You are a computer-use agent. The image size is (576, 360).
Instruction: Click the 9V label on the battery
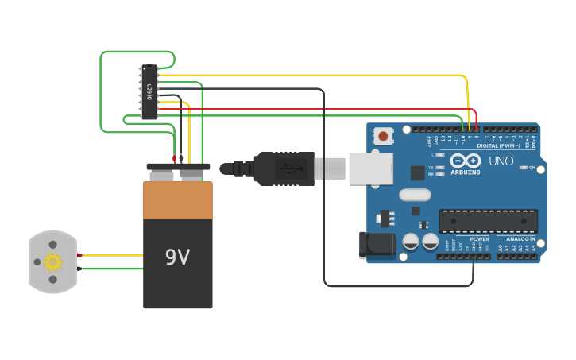pos(177,257)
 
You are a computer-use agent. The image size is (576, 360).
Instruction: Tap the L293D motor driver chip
pos(149,92)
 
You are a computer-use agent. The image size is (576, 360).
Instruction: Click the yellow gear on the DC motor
pos(52,261)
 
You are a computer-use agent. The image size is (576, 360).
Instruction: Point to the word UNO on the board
pos(501,161)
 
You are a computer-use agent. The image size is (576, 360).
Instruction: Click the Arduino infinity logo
pos(466,161)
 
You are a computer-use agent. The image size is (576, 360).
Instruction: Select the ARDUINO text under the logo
pos(466,172)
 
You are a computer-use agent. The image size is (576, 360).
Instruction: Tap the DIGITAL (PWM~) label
pos(498,145)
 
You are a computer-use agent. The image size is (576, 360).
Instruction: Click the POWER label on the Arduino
pos(479,238)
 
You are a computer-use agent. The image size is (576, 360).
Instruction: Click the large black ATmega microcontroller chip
pos(488,221)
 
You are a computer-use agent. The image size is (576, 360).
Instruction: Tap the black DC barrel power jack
pos(377,245)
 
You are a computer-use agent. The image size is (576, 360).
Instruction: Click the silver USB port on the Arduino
pos(371,168)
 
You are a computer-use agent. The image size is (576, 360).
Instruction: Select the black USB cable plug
pos(284,168)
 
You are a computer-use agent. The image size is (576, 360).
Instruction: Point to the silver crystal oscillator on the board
pos(415,195)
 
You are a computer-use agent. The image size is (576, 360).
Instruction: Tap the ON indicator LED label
pos(531,168)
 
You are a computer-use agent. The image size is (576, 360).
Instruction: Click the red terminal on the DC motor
pos(80,255)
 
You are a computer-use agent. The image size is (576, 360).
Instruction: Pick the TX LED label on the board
pos(431,168)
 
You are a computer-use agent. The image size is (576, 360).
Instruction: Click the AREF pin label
pos(430,141)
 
